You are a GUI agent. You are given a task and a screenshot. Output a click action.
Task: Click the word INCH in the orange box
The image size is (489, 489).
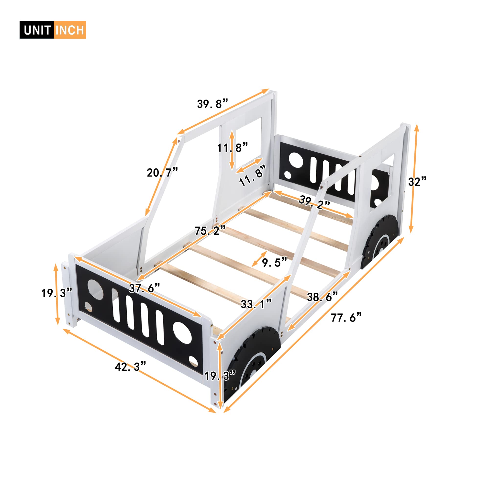pyautogui.click(x=70, y=30)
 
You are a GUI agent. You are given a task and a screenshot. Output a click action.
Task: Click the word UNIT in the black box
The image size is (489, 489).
pyautogui.click(x=37, y=30)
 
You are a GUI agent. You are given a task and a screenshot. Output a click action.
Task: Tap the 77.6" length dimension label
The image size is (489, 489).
pyautogui.click(x=346, y=317)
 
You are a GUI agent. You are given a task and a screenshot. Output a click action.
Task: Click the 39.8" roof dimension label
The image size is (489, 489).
pyautogui.click(x=213, y=104)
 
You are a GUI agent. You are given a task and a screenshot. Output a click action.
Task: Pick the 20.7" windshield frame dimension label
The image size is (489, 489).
pyautogui.click(x=162, y=173)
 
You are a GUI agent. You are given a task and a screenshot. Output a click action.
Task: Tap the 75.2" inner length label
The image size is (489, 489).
pyautogui.click(x=210, y=231)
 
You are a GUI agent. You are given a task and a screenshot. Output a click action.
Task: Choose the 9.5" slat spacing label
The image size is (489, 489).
pyautogui.click(x=275, y=262)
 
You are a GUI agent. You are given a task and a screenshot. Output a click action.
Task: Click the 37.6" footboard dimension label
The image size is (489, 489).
pyautogui.click(x=144, y=288)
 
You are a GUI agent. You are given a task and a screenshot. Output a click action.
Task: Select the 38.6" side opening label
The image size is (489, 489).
pyautogui.click(x=322, y=297)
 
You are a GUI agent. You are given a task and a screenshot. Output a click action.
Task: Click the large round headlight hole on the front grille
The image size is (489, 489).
pyautogui.click(x=182, y=333)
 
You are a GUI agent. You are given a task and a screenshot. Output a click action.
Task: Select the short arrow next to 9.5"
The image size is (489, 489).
pyautogui.click(x=260, y=259)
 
